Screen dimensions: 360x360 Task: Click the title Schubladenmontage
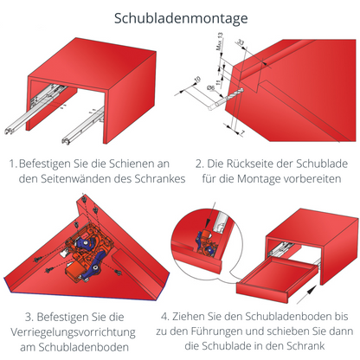(180, 17)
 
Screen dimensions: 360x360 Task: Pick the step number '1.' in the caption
(13, 162)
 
